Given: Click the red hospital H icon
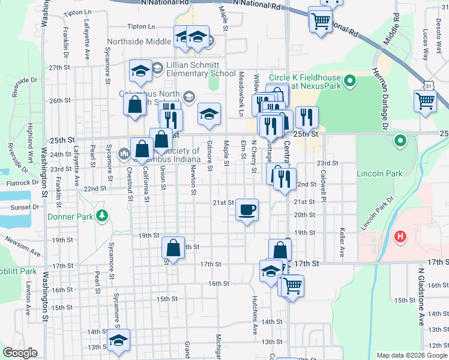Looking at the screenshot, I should point(400,237).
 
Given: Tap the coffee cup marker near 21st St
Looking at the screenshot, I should point(247,210).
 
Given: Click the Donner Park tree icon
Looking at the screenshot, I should point(103,215).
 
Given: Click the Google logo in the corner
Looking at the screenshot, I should point(20,353).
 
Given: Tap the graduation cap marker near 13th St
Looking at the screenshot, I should point(119,340).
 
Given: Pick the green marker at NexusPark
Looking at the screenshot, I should point(350,79).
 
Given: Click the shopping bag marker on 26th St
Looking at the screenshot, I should point(135,104).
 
